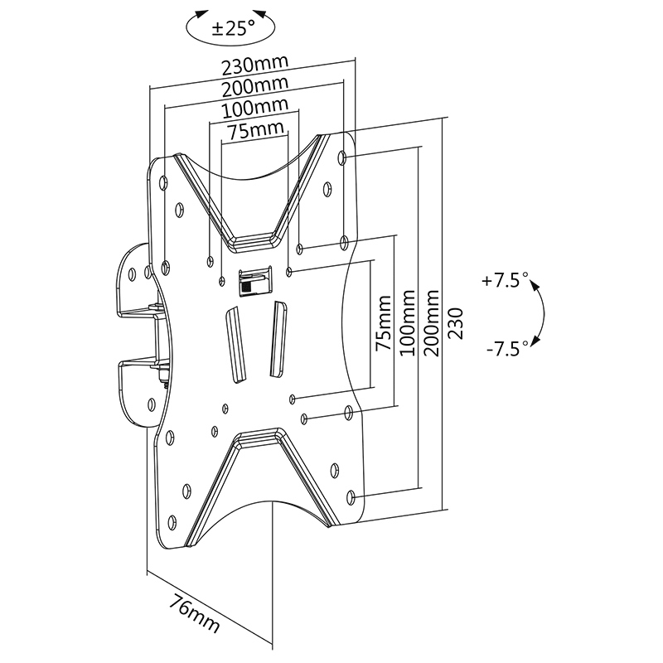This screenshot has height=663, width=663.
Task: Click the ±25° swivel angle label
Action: (x=234, y=29)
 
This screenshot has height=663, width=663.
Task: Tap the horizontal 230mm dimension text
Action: (x=255, y=65)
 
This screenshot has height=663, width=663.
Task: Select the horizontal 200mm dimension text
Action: (x=255, y=86)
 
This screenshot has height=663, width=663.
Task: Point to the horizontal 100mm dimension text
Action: (x=255, y=108)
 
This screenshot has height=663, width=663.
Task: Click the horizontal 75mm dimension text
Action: (x=256, y=130)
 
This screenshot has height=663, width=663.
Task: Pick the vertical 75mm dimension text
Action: (x=384, y=323)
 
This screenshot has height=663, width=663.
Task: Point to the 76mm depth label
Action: (x=195, y=612)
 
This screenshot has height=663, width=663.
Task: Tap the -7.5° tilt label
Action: (x=507, y=349)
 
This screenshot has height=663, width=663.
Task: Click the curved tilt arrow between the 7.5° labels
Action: (x=544, y=314)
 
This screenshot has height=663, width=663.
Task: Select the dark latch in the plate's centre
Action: (x=255, y=281)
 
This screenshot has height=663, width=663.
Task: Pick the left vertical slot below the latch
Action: (x=235, y=345)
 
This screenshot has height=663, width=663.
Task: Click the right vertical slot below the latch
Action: (x=278, y=339)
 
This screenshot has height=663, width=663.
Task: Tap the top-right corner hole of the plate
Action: (x=342, y=157)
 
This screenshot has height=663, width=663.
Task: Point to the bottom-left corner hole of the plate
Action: (x=172, y=523)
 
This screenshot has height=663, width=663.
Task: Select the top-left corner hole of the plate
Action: (x=163, y=182)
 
